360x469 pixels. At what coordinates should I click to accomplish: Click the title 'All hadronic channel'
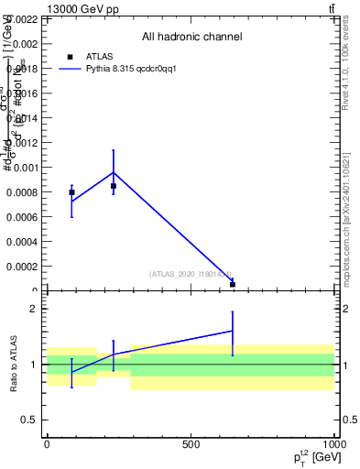[x=191, y=38]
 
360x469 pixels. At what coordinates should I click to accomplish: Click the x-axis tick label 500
[x=190, y=444]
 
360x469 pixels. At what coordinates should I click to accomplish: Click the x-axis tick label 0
[x=47, y=444]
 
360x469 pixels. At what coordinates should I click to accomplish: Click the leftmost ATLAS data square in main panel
[x=71, y=192]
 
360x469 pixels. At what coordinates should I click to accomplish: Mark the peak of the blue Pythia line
[x=114, y=172]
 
